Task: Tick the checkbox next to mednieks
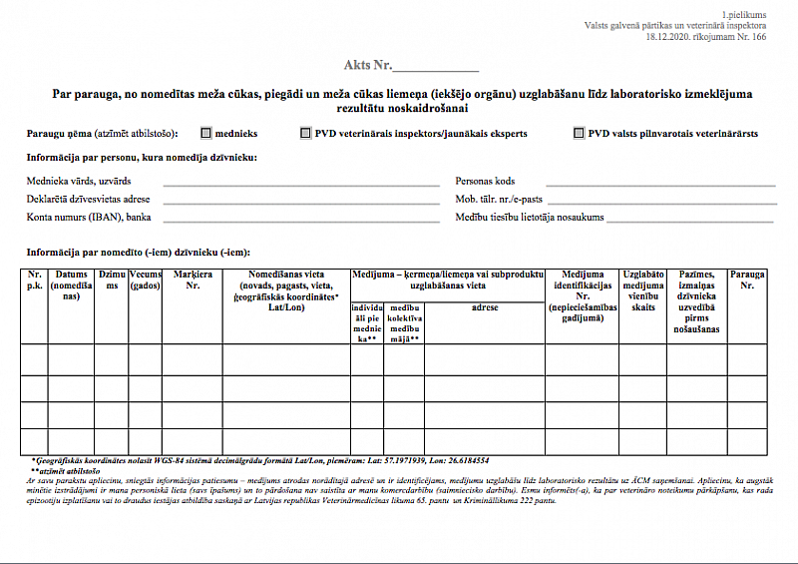(x=206, y=133)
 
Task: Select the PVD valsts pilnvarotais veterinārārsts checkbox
(x=579, y=133)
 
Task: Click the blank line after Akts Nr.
(x=436, y=70)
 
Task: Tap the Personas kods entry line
(x=660, y=185)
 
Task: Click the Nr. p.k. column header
(x=35, y=281)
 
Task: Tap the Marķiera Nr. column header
(x=193, y=281)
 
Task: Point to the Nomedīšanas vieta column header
(x=285, y=290)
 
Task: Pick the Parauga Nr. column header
(x=747, y=281)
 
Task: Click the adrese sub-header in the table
(x=485, y=308)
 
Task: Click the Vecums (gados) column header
(x=146, y=281)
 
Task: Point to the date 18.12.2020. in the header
(x=674, y=38)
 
